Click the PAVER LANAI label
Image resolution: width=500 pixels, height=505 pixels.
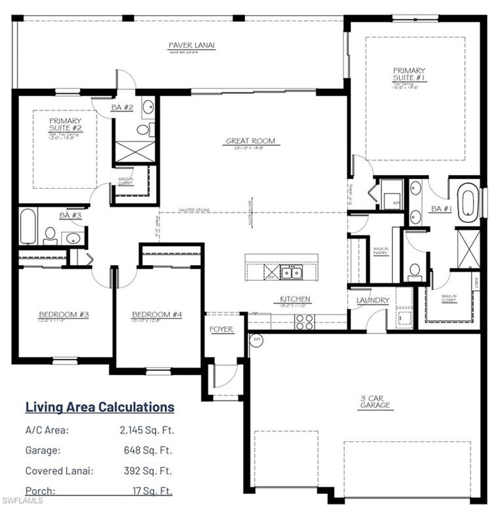click(192, 45)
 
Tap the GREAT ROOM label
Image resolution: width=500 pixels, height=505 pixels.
click(250, 141)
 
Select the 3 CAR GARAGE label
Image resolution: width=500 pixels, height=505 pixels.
click(375, 401)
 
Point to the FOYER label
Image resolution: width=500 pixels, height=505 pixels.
click(221, 329)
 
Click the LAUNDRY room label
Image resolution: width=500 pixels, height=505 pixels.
click(373, 301)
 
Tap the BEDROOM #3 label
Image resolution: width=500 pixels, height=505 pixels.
click(64, 314)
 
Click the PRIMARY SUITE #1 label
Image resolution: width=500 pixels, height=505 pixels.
click(409, 74)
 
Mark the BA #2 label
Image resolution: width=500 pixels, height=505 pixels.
click(122, 107)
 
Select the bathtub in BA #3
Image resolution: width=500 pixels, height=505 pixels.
click(28, 227)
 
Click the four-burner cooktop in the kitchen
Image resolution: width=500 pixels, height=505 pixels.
click(304, 322)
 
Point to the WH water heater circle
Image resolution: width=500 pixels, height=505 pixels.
click(256, 340)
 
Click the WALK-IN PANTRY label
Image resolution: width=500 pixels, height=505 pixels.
click(380, 252)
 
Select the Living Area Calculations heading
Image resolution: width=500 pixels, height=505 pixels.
click(100, 407)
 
